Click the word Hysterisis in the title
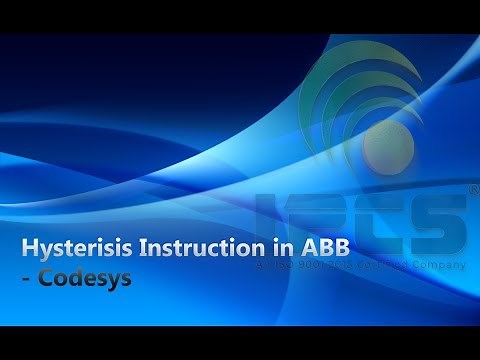[72, 247]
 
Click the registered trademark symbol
[470, 187]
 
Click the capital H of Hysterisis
[29, 247]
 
